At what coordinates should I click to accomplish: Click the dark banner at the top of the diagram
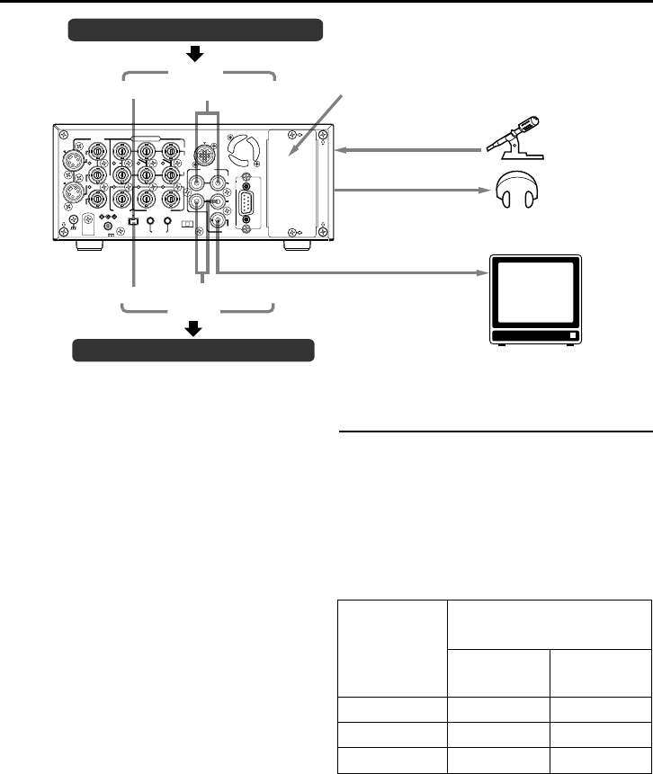[x=195, y=31]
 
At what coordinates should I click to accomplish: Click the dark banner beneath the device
[x=193, y=349]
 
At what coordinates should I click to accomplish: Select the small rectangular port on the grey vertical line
[x=133, y=221]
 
